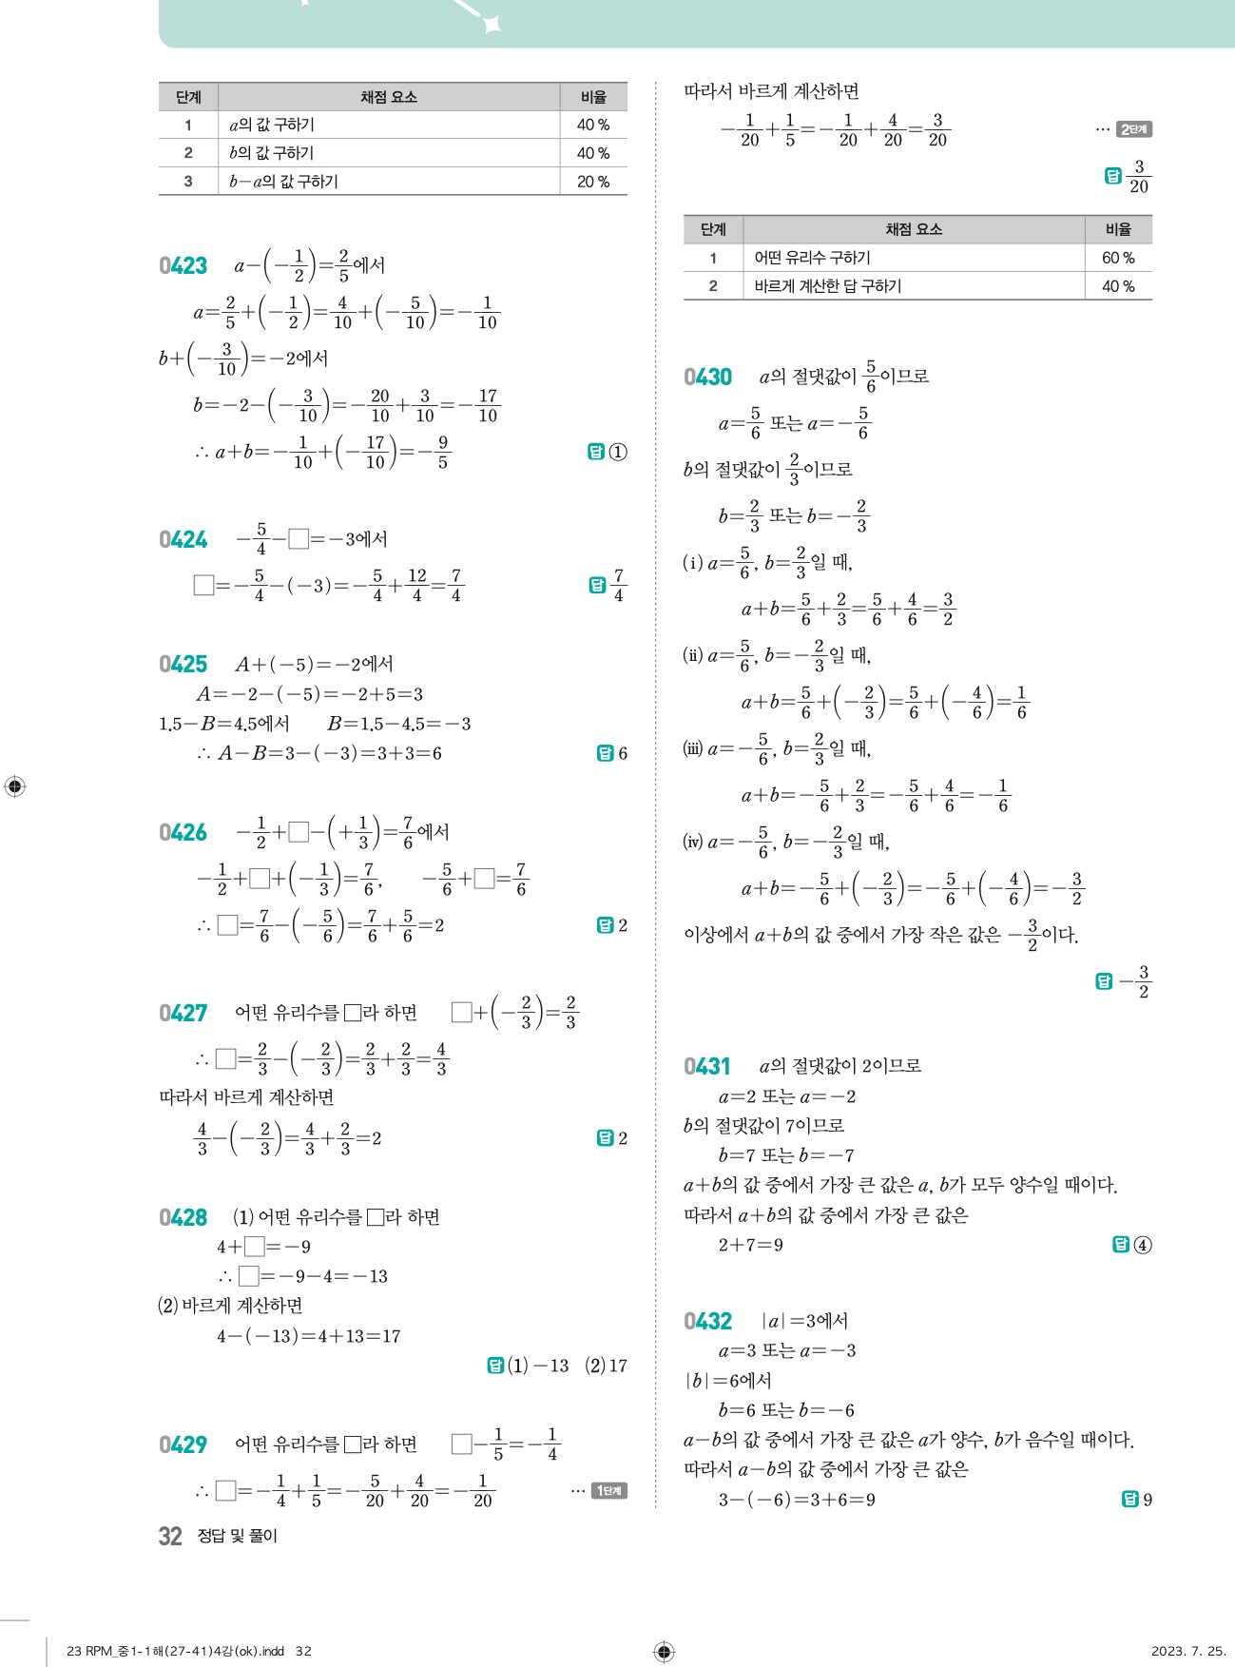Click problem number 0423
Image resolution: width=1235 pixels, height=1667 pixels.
point(183,266)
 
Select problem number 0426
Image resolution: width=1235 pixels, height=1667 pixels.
point(183,833)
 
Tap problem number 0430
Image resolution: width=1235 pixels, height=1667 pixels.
point(707,378)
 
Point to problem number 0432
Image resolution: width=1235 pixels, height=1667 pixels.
point(707,1322)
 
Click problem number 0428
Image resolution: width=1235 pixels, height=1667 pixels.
point(183,1218)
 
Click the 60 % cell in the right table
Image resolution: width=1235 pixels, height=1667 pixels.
point(1118,258)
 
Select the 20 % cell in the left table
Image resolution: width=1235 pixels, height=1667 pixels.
point(593,182)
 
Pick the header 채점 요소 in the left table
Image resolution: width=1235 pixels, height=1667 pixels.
point(388,97)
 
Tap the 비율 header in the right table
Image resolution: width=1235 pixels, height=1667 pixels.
point(1118,229)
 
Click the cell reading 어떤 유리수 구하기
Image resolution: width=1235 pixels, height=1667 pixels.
point(812,258)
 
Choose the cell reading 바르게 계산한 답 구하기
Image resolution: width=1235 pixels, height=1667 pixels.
point(827,286)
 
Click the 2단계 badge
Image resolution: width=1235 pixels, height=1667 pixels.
point(1134,129)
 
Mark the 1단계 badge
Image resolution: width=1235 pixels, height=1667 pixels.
point(609,1491)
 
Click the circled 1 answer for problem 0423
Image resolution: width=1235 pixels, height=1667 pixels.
point(618,453)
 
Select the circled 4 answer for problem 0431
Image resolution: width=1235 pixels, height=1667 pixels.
point(1143,1245)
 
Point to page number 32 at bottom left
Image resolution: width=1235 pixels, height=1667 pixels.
point(170,1536)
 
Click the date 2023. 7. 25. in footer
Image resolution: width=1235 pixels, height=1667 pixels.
point(1187,1651)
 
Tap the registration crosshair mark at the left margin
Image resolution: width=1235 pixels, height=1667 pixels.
point(15,786)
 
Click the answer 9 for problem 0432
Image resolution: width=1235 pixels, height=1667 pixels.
point(1148,1500)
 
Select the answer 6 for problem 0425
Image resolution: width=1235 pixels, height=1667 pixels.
point(623,753)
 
